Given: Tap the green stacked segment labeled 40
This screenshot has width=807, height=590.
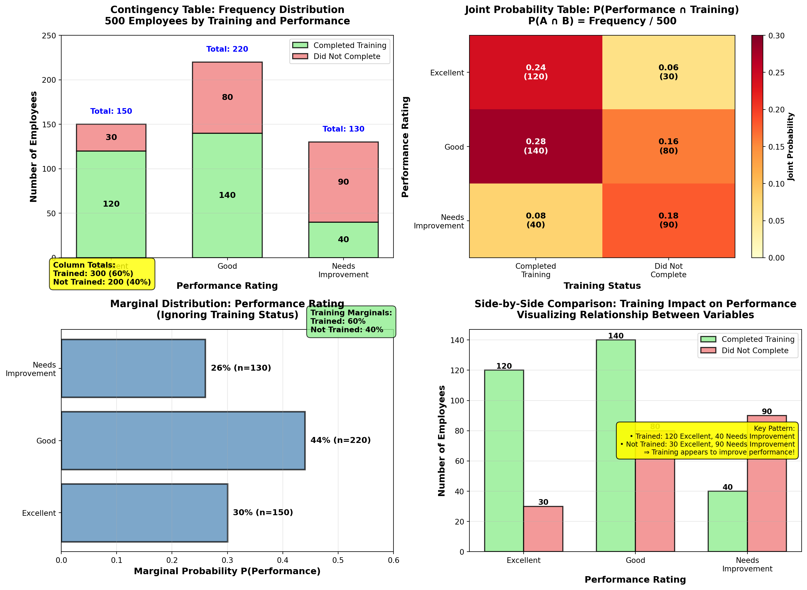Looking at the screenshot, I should point(343,240).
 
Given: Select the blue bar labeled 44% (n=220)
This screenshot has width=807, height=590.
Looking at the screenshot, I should point(183,440).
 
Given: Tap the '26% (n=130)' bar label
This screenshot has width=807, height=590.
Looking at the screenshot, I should point(241,368).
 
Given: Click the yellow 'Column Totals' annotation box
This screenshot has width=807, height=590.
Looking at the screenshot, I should point(102,274).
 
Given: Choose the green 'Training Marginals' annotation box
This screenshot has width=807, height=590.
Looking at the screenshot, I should point(351,322).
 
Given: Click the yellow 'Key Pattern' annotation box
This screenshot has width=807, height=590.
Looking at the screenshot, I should point(707,440).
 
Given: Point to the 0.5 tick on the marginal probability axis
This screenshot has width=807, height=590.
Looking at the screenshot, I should point(338,560).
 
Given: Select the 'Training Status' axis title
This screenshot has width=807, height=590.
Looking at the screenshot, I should point(602,286).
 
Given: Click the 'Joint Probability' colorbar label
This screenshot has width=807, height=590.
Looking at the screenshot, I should point(791,147).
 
